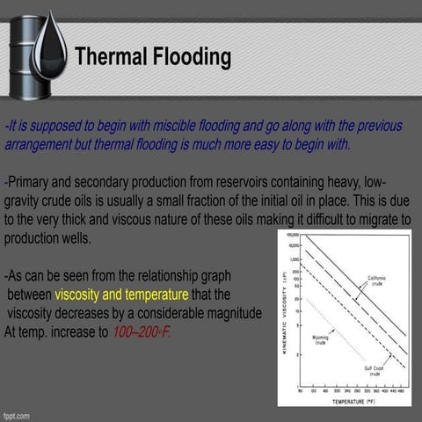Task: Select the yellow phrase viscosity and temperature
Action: [120, 295]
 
